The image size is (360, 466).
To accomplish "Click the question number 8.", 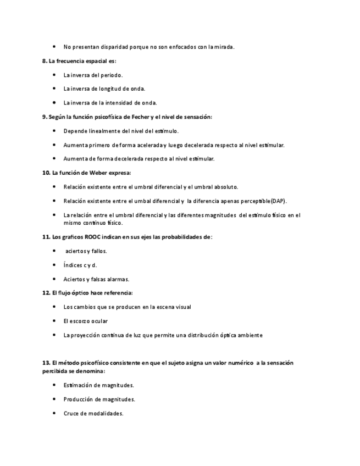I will click(45, 61).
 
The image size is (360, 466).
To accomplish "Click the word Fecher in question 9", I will click(135, 117).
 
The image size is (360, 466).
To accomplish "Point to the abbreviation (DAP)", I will click(278, 201).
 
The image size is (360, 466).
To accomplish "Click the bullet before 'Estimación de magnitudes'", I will click(54, 385).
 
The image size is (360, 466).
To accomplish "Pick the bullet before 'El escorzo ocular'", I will click(54, 321).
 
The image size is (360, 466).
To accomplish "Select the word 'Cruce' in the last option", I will click(71, 413).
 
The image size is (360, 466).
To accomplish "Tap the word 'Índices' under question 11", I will click(73, 265).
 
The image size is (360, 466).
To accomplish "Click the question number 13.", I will click(46, 363).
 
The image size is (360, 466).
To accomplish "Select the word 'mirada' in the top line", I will click(223, 47).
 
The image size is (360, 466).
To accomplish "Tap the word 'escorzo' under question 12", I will click(80, 321).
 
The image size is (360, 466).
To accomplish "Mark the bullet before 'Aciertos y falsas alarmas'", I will click(54, 279).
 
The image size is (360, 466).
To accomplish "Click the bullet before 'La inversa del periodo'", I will click(54, 75).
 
